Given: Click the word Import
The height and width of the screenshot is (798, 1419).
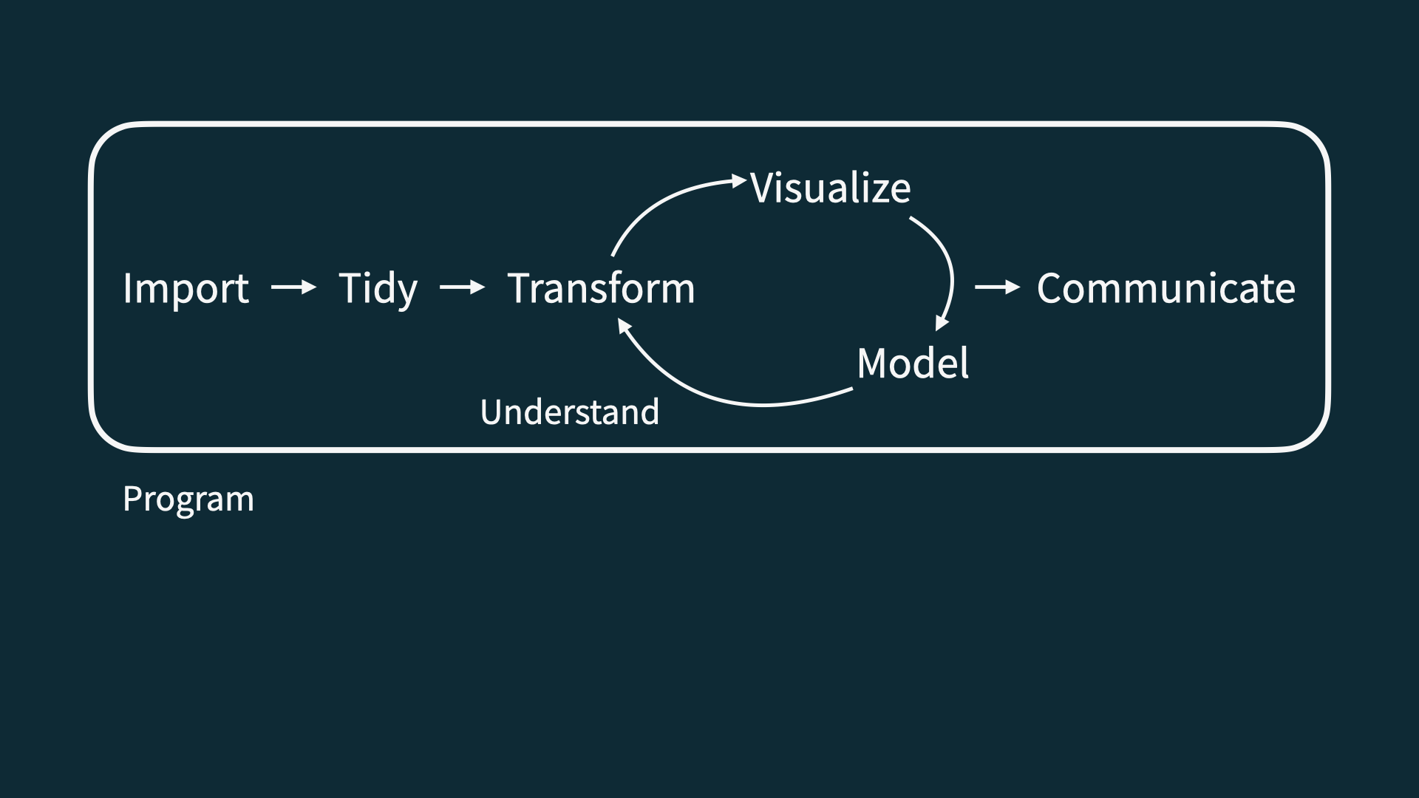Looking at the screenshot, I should coord(186,288).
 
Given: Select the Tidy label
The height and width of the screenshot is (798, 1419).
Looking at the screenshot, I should coord(378,288).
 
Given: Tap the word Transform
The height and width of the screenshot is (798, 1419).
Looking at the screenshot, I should coord(601,288).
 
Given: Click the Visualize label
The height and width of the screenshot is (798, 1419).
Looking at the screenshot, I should coord(831,188).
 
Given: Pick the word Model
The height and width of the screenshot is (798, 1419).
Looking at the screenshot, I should coord(913,364).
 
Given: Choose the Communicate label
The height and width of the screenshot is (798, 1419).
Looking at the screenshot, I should coord(1166,288).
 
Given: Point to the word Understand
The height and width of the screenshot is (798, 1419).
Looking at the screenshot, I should coord(569,412).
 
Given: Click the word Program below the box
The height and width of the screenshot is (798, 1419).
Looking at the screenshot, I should coord(188,499).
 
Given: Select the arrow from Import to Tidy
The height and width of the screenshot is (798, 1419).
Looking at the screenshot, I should coord(293,287).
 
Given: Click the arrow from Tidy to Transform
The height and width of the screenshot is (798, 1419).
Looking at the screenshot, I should coord(462,287).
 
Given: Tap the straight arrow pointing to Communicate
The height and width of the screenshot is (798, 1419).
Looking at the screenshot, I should coord(997,287).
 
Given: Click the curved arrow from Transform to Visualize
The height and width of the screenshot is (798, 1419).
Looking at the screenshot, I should coord(658,203).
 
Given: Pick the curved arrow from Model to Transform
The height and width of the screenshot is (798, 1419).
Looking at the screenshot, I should coord(732,399).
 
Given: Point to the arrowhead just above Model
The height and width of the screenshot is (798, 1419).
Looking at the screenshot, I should coord(941,323).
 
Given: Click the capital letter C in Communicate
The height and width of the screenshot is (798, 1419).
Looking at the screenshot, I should coord(1052,288).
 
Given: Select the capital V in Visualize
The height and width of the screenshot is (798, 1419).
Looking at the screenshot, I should coord(764,188).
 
